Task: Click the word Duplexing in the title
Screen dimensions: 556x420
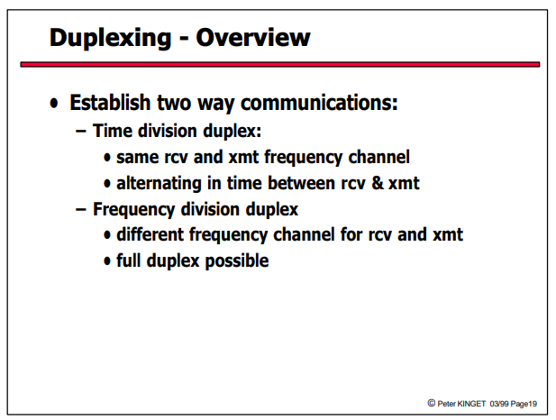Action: (110, 38)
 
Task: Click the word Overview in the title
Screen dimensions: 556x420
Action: (253, 37)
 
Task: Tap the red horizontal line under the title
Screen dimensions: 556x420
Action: (280, 64)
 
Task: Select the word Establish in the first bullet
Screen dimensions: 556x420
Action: (110, 103)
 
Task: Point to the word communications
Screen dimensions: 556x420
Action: (319, 103)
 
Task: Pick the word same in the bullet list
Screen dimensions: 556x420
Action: (138, 158)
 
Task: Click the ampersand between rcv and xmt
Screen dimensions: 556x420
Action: (378, 183)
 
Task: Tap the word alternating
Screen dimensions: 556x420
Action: (159, 183)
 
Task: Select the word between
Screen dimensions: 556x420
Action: (301, 183)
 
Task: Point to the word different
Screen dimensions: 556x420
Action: (150, 234)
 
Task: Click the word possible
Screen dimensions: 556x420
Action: (237, 260)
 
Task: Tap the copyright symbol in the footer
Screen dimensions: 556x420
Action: (431, 403)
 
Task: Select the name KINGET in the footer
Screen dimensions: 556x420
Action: (471, 404)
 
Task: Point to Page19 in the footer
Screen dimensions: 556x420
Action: (524, 404)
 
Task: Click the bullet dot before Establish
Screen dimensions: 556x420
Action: (54, 104)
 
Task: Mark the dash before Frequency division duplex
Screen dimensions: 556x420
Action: (81, 210)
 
